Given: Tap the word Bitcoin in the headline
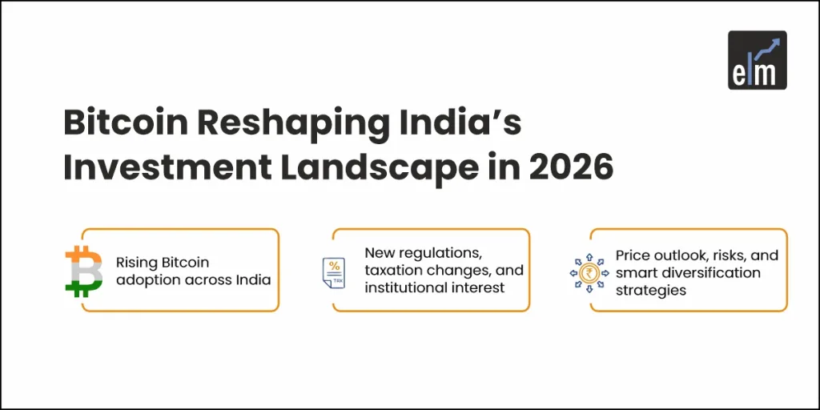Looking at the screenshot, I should pyautogui.click(x=117, y=126).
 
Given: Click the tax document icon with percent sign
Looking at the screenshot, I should pyautogui.click(x=333, y=272).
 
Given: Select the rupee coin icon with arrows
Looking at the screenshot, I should pyautogui.click(x=589, y=272).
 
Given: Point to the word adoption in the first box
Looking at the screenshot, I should pyautogui.click(x=148, y=279).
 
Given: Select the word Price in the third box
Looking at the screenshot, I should pyautogui.click(x=632, y=255).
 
